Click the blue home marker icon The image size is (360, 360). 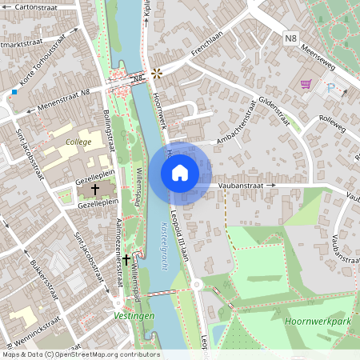(180, 172)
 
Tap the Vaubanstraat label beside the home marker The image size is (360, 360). (240, 185)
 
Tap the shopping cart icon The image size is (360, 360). (305, 84)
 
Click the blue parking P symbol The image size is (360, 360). (331, 87)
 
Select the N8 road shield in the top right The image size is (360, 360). (290, 37)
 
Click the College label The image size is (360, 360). (78, 141)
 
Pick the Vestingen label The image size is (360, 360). (134, 316)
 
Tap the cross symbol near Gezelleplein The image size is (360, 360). (95, 190)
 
